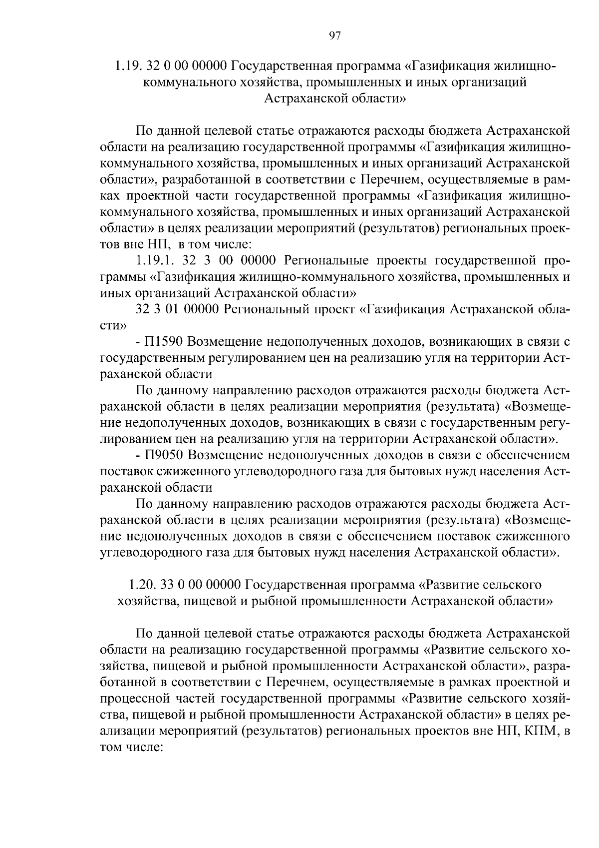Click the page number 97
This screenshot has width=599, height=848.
point(335,35)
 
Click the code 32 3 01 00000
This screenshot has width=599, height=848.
point(177,309)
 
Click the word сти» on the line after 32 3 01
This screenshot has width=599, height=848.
point(113,326)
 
